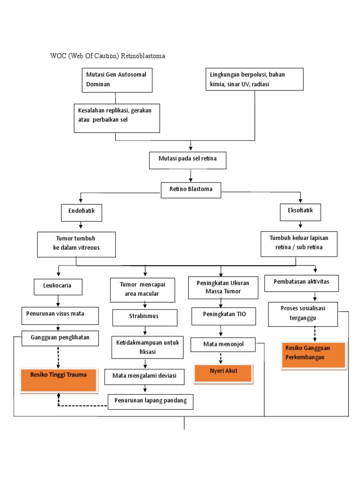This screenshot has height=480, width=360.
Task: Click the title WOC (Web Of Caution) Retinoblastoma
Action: [108, 56]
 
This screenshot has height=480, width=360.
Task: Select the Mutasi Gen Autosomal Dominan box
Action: [117, 80]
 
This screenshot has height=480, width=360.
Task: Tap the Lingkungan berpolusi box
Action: [254, 80]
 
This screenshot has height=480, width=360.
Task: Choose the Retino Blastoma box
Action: [190, 189]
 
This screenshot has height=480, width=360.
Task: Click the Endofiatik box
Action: [81, 212]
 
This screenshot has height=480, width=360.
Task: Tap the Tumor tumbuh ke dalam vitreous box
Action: [76, 244]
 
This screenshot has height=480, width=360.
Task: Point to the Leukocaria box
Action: [59, 286]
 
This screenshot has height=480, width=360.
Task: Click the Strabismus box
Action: [145, 317]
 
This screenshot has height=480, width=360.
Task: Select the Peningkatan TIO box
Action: [224, 315]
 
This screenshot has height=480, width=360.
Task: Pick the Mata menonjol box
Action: [223, 345]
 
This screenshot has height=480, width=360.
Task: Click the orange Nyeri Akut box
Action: [223, 373]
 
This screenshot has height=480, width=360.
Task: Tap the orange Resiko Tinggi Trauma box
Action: [60, 380]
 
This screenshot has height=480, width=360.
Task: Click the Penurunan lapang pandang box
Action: [150, 401]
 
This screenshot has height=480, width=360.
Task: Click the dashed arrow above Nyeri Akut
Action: [221, 358]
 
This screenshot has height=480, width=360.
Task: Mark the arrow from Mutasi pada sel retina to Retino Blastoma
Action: [190, 175]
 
